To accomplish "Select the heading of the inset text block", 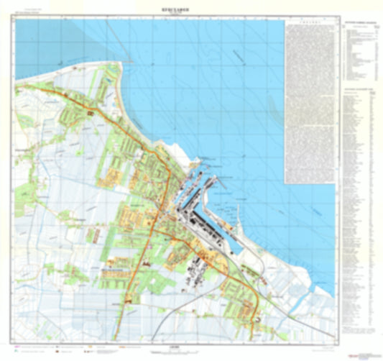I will click(x=310, y=24).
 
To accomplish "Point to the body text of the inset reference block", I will click(x=310, y=101).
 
